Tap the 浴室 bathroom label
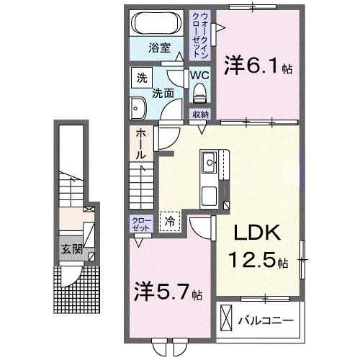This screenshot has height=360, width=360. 159,49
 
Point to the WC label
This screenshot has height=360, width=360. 199,75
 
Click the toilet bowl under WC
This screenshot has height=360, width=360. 199,91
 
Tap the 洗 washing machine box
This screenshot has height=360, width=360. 142,77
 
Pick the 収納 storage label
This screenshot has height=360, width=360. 200,114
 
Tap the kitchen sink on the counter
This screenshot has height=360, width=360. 210,163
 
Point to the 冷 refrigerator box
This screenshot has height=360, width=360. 170,220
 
